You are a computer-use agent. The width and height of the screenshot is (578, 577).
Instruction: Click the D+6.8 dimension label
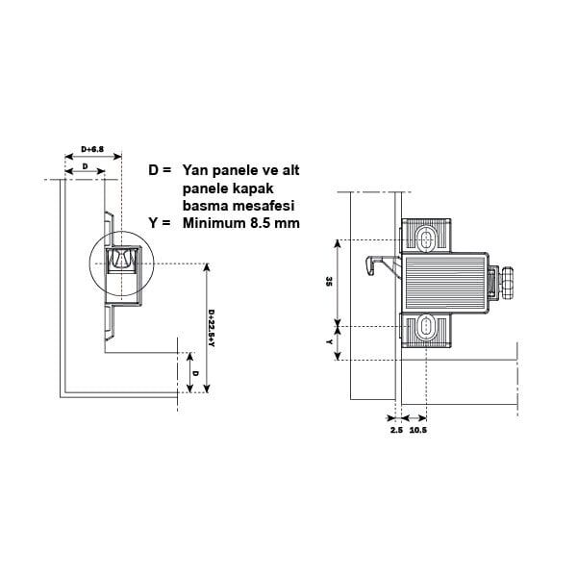click(92, 149)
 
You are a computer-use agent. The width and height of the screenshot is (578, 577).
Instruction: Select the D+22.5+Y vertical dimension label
click(212, 328)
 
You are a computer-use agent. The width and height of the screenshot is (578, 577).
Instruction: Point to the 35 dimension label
click(329, 282)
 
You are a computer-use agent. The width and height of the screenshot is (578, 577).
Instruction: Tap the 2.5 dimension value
click(396, 430)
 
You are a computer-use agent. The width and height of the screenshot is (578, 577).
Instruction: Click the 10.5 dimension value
click(418, 430)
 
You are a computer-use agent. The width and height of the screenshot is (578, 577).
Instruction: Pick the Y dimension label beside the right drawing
click(329, 342)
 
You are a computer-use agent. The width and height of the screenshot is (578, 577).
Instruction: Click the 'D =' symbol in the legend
click(160, 170)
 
